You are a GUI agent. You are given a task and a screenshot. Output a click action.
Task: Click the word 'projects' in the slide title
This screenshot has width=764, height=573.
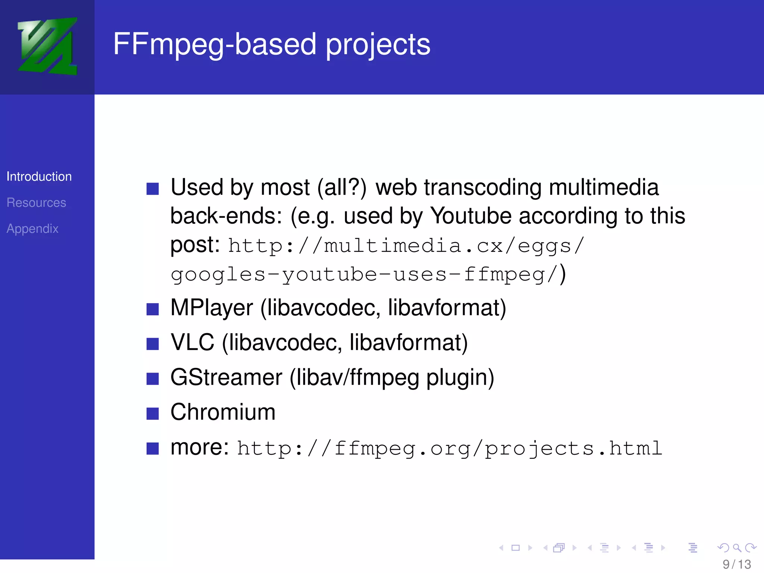pyautogui.click(x=378, y=45)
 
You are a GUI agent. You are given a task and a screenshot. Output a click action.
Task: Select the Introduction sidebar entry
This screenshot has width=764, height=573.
pyautogui.click(x=39, y=176)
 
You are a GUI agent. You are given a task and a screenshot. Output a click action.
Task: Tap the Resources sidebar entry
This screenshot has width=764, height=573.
pyautogui.click(x=36, y=203)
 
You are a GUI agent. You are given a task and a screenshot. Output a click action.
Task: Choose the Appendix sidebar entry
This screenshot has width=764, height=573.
pyautogui.click(x=32, y=229)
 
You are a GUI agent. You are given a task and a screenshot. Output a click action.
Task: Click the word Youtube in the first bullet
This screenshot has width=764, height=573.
pyautogui.click(x=471, y=216)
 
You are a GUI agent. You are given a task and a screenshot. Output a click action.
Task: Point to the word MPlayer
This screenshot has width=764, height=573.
pyautogui.click(x=212, y=308)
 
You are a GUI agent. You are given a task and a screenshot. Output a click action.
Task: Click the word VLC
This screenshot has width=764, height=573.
pyautogui.click(x=192, y=342)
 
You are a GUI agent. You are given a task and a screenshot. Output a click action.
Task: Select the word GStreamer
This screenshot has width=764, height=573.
pyautogui.click(x=226, y=377)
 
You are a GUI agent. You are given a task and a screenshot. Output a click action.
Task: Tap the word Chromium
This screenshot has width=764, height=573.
pyautogui.click(x=223, y=412)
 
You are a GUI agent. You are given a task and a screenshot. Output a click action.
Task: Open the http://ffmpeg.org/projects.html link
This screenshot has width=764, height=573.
pyautogui.click(x=450, y=448)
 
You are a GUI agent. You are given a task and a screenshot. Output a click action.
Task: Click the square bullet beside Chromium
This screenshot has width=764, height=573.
pyautogui.click(x=153, y=413)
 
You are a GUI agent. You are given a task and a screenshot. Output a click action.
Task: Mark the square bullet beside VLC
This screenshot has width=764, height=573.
pyautogui.click(x=153, y=344)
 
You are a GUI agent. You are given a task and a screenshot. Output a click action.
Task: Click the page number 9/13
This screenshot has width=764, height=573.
pyautogui.click(x=736, y=564)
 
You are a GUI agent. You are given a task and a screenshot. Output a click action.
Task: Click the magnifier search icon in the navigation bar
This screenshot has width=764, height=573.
pyautogui.click(x=737, y=548)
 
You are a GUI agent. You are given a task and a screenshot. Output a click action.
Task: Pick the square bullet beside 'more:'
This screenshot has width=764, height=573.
pyautogui.click(x=153, y=448)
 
